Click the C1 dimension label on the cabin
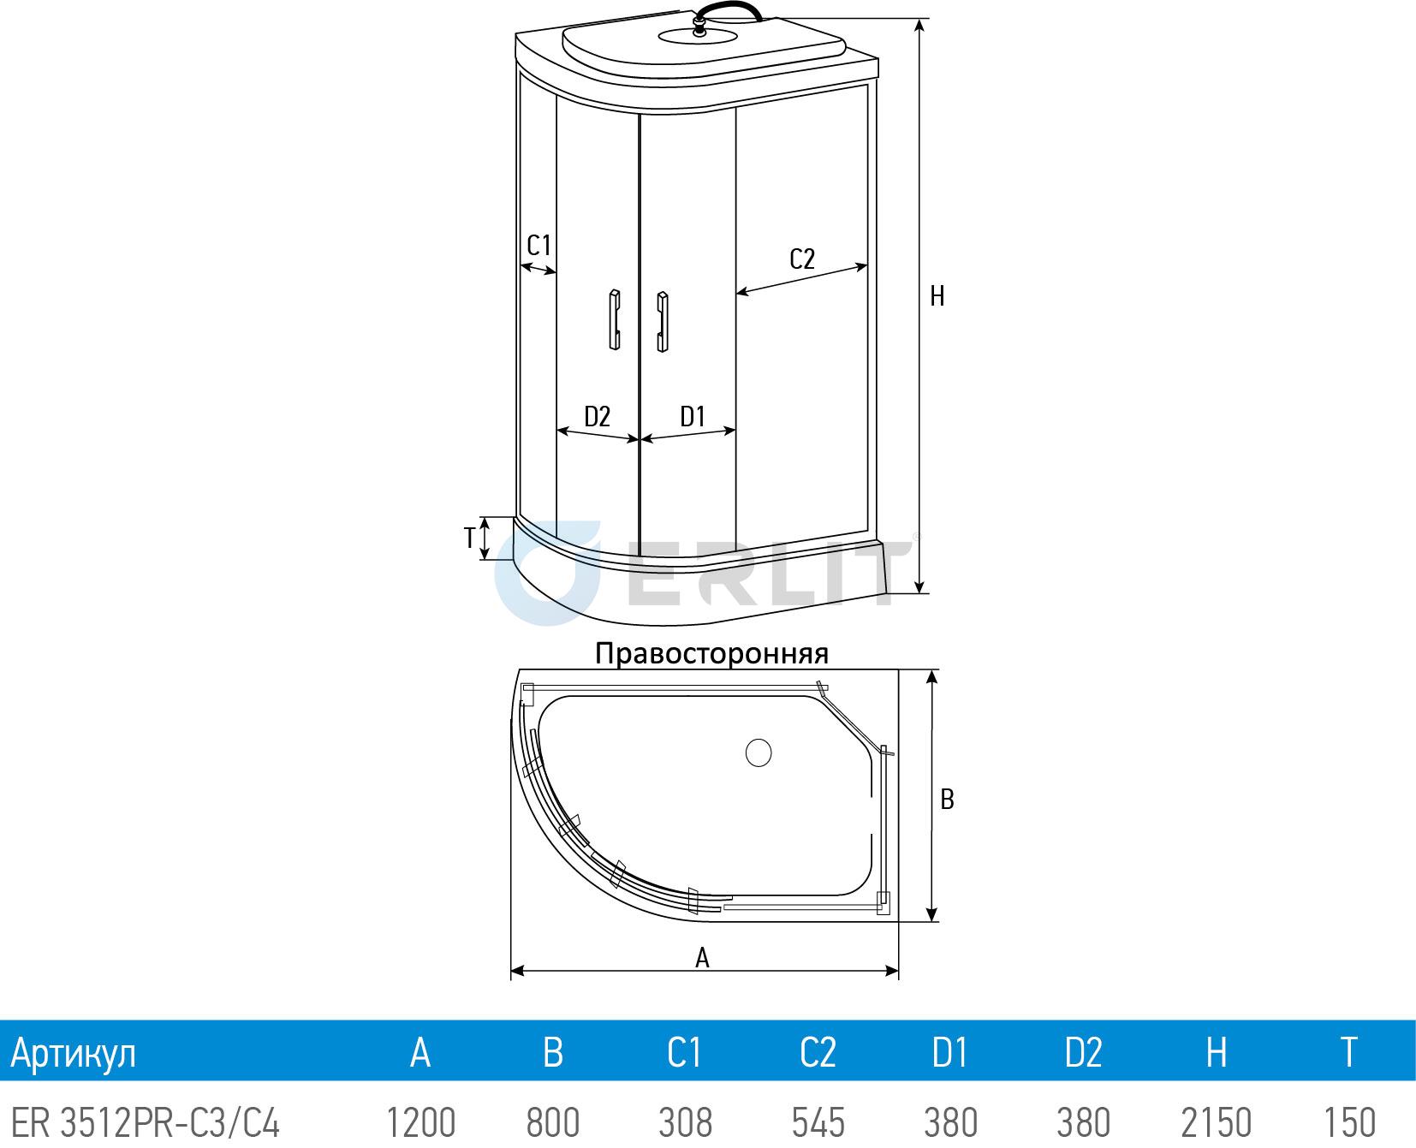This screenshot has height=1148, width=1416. click(x=538, y=246)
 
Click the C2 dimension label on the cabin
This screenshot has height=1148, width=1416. click(x=801, y=259)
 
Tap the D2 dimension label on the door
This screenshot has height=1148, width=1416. click(x=597, y=417)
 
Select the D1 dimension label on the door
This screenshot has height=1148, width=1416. click(x=692, y=417)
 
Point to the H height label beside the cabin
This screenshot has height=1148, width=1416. click(x=937, y=296)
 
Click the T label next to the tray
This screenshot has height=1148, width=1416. click(x=469, y=538)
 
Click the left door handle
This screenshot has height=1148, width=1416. click(x=614, y=319)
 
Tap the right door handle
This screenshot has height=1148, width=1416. click(x=663, y=322)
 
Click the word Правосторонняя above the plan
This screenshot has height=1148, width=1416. click(x=711, y=654)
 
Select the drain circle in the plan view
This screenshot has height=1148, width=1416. click(x=759, y=752)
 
